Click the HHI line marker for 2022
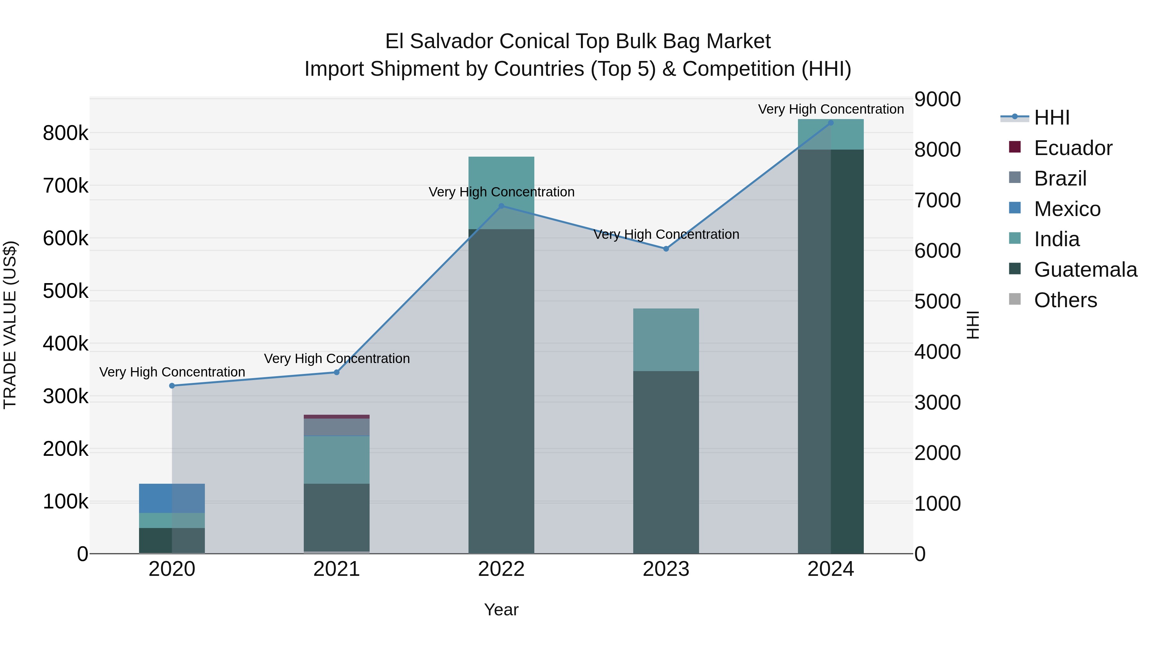pos(501,206)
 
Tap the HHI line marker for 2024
pos(831,123)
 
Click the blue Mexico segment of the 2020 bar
pos(172,498)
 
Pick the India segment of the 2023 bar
pos(666,340)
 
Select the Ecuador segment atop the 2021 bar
pos(337,417)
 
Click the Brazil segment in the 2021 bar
pos(337,427)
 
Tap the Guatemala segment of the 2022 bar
pos(501,390)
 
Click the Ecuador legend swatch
pos(1015,147)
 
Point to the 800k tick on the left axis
pos(66,133)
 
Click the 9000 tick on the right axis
pos(937,99)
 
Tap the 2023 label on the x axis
pos(666,569)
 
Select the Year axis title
pos(501,610)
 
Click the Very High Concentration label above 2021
pos(337,359)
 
